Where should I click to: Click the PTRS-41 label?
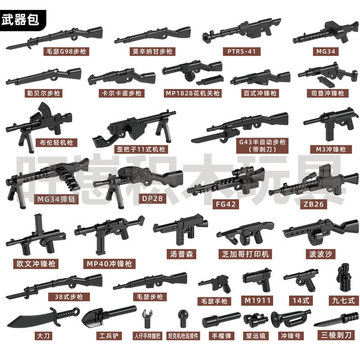tap(242, 51)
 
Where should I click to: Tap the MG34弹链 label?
tap(56, 199)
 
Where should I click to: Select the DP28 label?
tap(152, 198)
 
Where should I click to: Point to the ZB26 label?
tap(313, 204)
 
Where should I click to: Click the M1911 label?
tap(257, 301)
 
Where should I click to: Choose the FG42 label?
tap(226, 204)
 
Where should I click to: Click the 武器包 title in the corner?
tap(20, 20)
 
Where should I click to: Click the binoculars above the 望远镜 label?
tap(255, 320)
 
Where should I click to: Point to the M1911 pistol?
tap(257, 279)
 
